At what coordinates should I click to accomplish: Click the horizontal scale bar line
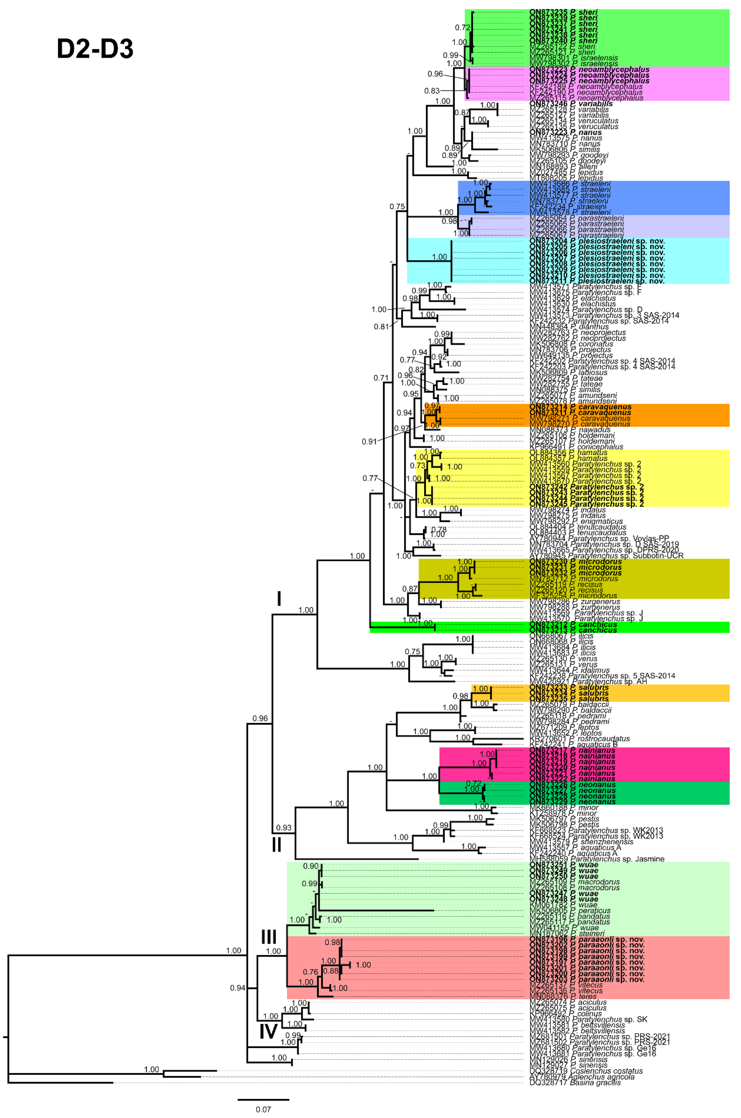[x=263, y=1100]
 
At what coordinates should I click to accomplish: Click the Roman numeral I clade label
[x=279, y=599]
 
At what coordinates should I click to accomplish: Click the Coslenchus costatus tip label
[x=586, y=1071]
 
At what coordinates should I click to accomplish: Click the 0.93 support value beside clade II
[x=284, y=828]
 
